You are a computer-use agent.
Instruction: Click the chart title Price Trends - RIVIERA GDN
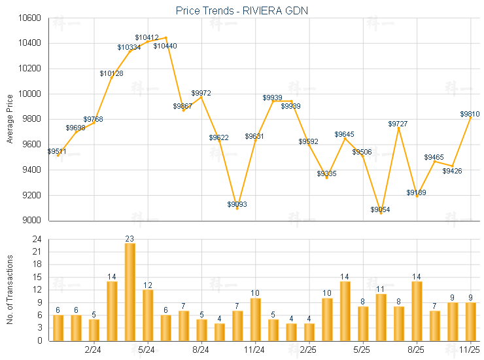point(242,10)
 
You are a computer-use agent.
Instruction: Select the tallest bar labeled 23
point(130,291)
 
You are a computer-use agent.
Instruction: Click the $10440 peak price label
point(165,46)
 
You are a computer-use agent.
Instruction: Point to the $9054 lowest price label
point(381,209)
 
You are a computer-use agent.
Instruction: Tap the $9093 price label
point(237,204)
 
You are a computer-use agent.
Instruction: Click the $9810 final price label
point(470,114)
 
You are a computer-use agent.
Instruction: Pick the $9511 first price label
point(58,151)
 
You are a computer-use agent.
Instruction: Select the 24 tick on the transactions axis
point(36,240)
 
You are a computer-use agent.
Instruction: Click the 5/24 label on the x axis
point(147,350)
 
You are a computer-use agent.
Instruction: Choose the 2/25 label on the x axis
point(308,350)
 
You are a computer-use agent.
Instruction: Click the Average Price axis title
point(10,119)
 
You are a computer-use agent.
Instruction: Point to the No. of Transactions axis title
point(10,290)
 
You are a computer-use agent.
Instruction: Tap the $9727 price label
point(398,124)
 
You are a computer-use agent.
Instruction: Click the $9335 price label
point(327,173)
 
